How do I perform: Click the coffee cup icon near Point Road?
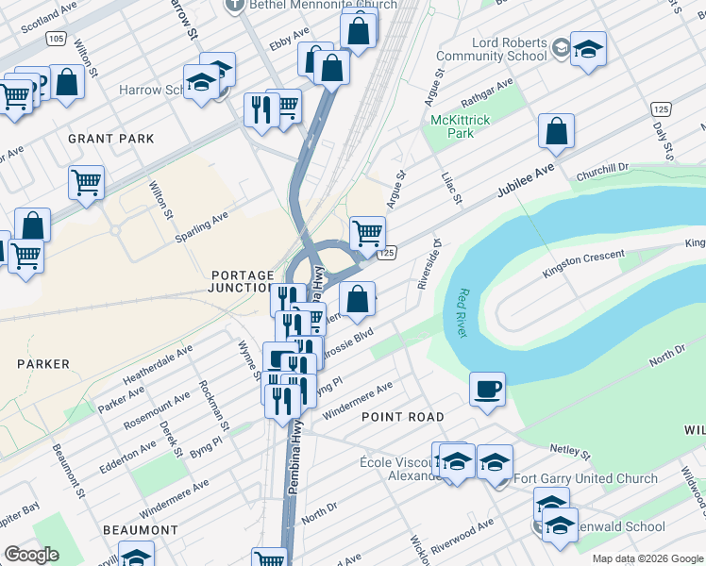click(487, 389)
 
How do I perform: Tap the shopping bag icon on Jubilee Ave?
click(556, 132)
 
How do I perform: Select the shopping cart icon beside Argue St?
click(367, 232)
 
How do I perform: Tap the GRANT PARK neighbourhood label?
click(110, 139)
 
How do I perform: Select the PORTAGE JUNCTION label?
click(242, 281)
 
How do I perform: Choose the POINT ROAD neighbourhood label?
click(402, 416)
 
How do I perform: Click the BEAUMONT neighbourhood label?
click(142, 530)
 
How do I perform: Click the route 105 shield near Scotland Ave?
click(56, 39)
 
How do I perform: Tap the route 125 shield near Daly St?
click(660, 110)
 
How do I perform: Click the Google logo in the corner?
click(32, 555)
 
